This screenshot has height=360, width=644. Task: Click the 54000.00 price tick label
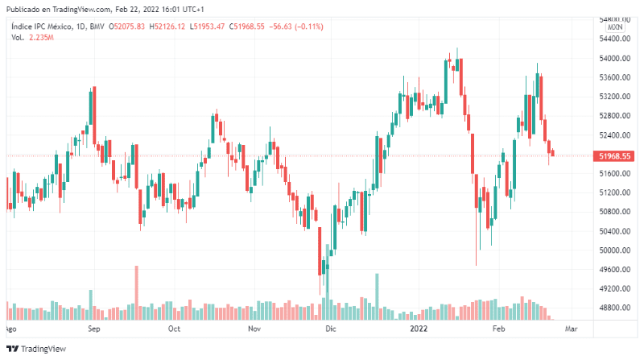[x=613, y=59]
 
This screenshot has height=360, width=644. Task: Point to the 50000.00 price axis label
[x=613, y=250]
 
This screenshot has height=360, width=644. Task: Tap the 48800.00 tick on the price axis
[x=613, y=308]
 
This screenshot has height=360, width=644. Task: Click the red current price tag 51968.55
[x=614, y=155]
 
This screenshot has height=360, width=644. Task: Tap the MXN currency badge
[x=615, y=27]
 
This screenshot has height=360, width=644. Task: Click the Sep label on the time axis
[x=93, y=329]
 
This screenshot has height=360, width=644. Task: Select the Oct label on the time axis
[x=173, y=329]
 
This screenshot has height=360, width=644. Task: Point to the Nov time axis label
[x=254, y=329]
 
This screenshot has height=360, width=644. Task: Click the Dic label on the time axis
[x=330, y=329]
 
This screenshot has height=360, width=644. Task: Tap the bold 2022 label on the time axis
[x=419, y=329]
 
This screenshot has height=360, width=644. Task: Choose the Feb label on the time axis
[x=499, y=329]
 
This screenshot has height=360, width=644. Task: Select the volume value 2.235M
[x=40, y=38]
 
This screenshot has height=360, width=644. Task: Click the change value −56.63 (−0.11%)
[x=295, y=27]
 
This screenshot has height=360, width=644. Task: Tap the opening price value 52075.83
[x=128, y=27]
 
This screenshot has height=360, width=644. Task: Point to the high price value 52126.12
[x=168, y=27]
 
